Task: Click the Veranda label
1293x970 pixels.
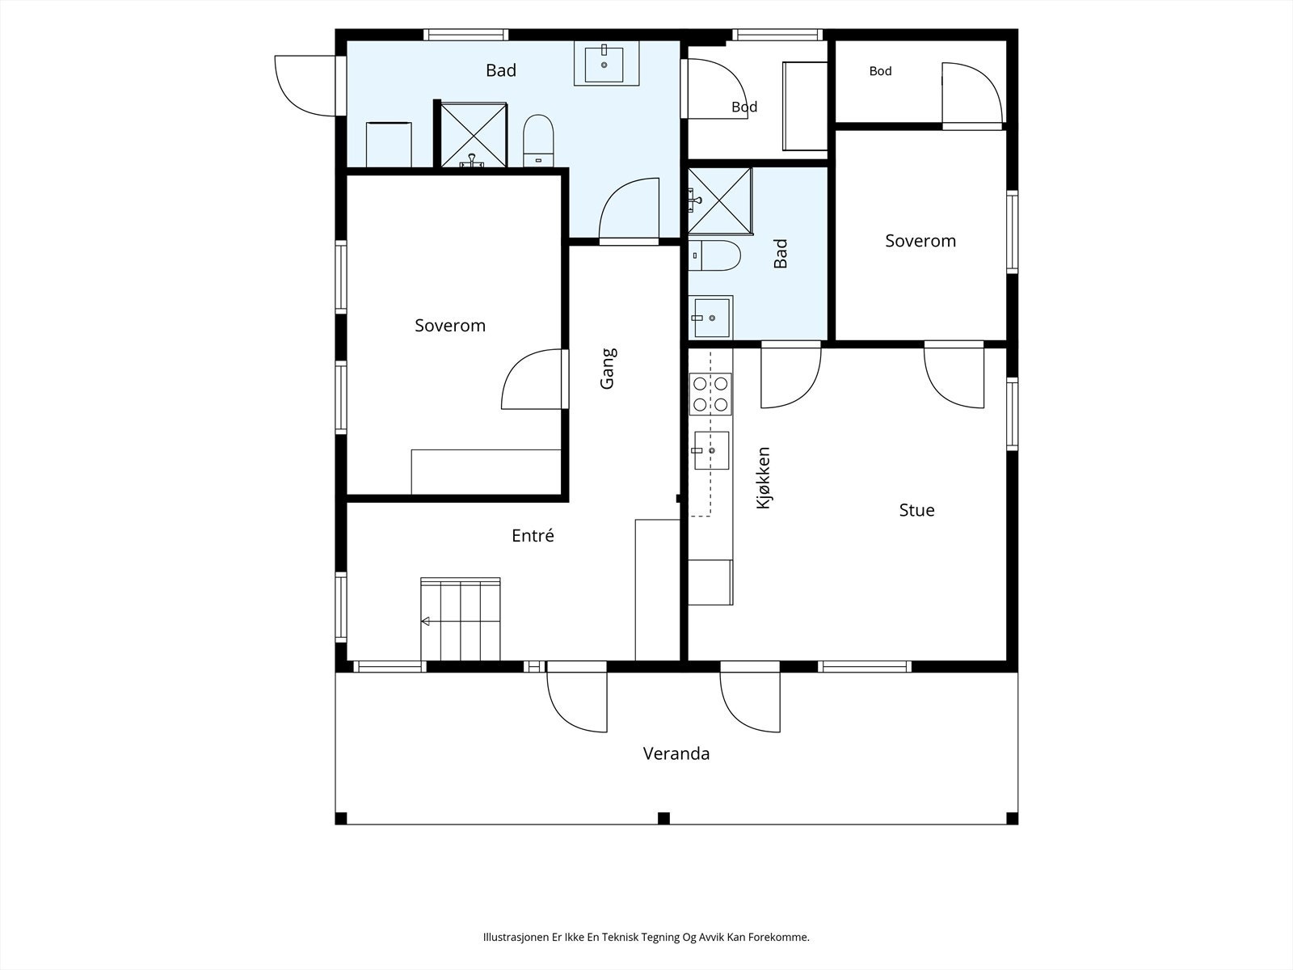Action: (x=676, y=753)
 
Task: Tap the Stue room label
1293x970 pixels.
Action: (x=916, y=510)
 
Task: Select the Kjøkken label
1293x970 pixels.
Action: (x=763, y=478)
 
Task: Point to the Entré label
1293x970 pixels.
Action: (x=533, y=535)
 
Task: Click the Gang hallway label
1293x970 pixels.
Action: (x=608, y=369)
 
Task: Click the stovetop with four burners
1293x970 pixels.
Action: (x=710, y=394)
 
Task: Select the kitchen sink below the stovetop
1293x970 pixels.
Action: (x=711, y=450)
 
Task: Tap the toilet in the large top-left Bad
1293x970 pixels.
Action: (x=538, y=140)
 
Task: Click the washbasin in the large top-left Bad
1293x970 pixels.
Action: (x=606, y=64)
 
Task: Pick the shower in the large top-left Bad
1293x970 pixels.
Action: (x=474, y=135)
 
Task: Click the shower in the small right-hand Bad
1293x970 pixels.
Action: (x=720, y=200)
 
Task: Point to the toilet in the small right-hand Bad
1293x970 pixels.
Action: (x=714, y=255)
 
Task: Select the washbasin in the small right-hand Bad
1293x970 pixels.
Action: (x=711, y=318)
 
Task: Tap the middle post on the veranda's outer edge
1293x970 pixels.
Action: (x=664, y=818)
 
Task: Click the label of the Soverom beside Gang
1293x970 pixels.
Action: (x=450, y=326)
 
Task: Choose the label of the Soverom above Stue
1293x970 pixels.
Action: (x=920, y=241)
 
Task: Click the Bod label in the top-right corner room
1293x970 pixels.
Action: (x=880, y=71)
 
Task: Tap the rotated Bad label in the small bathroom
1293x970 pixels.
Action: (x=781, y=253)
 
